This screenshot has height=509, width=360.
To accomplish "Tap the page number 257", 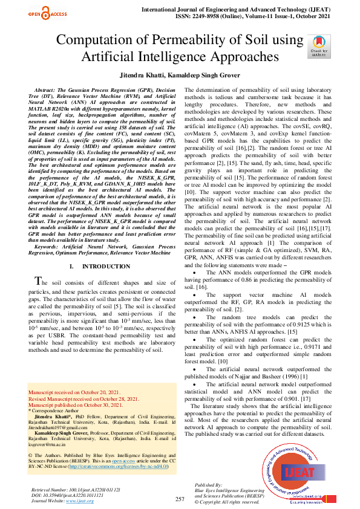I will point(180,499).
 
